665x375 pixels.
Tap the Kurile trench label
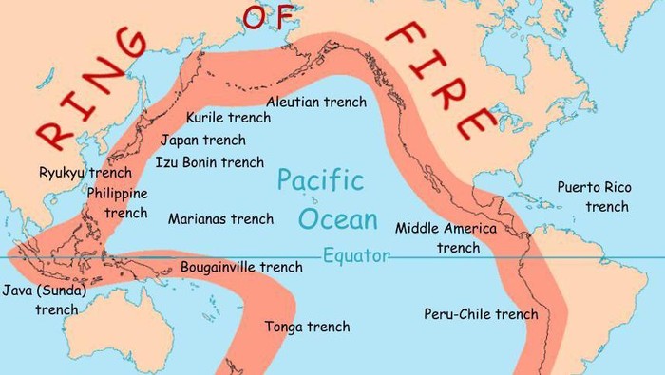pyautogui.click(x=227, y=118)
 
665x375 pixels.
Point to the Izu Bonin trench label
pyautogui.click(x=209, y=162)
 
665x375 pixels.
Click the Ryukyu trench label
pyautogui.click(x=85, y=173)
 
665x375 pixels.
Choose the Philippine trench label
pyautogui.click(x=118, y=202)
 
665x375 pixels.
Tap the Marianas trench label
pyautogui.click(x=220, y=219)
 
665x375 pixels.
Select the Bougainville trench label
pyautogui.click(x=241, y=267)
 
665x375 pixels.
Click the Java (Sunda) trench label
pyautogui.click(x=46, y=299)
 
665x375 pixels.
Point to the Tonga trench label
pyautogui.click(x=307, y=327)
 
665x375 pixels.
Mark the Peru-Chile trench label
pyautogui.click(x=481, y=314)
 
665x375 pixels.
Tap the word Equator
pyautogui.click(x=356, y=256)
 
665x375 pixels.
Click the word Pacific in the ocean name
pyautogui.click(x=321, y=180)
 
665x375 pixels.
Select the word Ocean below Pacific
pyautogui.click(x=337, y=219)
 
